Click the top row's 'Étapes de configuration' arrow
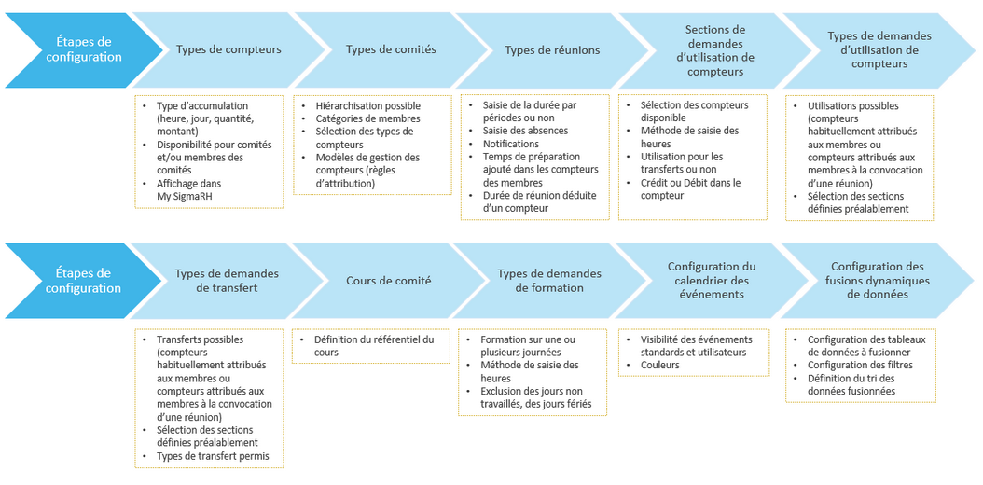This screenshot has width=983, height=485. (x=81, y=49)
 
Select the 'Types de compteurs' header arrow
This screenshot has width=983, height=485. (x=228, y=49)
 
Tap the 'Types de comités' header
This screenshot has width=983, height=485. (x=391, y=49)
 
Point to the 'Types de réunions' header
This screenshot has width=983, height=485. (x=552, y=49)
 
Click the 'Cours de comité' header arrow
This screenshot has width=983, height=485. (x=389, y=281)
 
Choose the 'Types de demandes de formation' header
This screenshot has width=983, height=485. (x=549, y=281)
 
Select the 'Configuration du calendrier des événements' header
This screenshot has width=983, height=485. (x=712, y=281)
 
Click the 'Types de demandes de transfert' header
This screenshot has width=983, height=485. (x=227, y=281)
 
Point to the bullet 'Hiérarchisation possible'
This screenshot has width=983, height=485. (x=367, y=105)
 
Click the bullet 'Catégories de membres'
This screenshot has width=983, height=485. (x=367, y=118)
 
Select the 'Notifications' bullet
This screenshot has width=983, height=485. (x=510, y=145)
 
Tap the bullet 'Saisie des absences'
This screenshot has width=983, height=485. (x=526, y=132)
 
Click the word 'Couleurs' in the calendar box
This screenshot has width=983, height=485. (x=660, y=365)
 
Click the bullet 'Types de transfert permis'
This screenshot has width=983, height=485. (x=213, y=456)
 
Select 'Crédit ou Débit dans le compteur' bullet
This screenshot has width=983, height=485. (x=690, y=189)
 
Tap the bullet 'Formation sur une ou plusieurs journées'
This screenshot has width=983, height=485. (x=528, y=346)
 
